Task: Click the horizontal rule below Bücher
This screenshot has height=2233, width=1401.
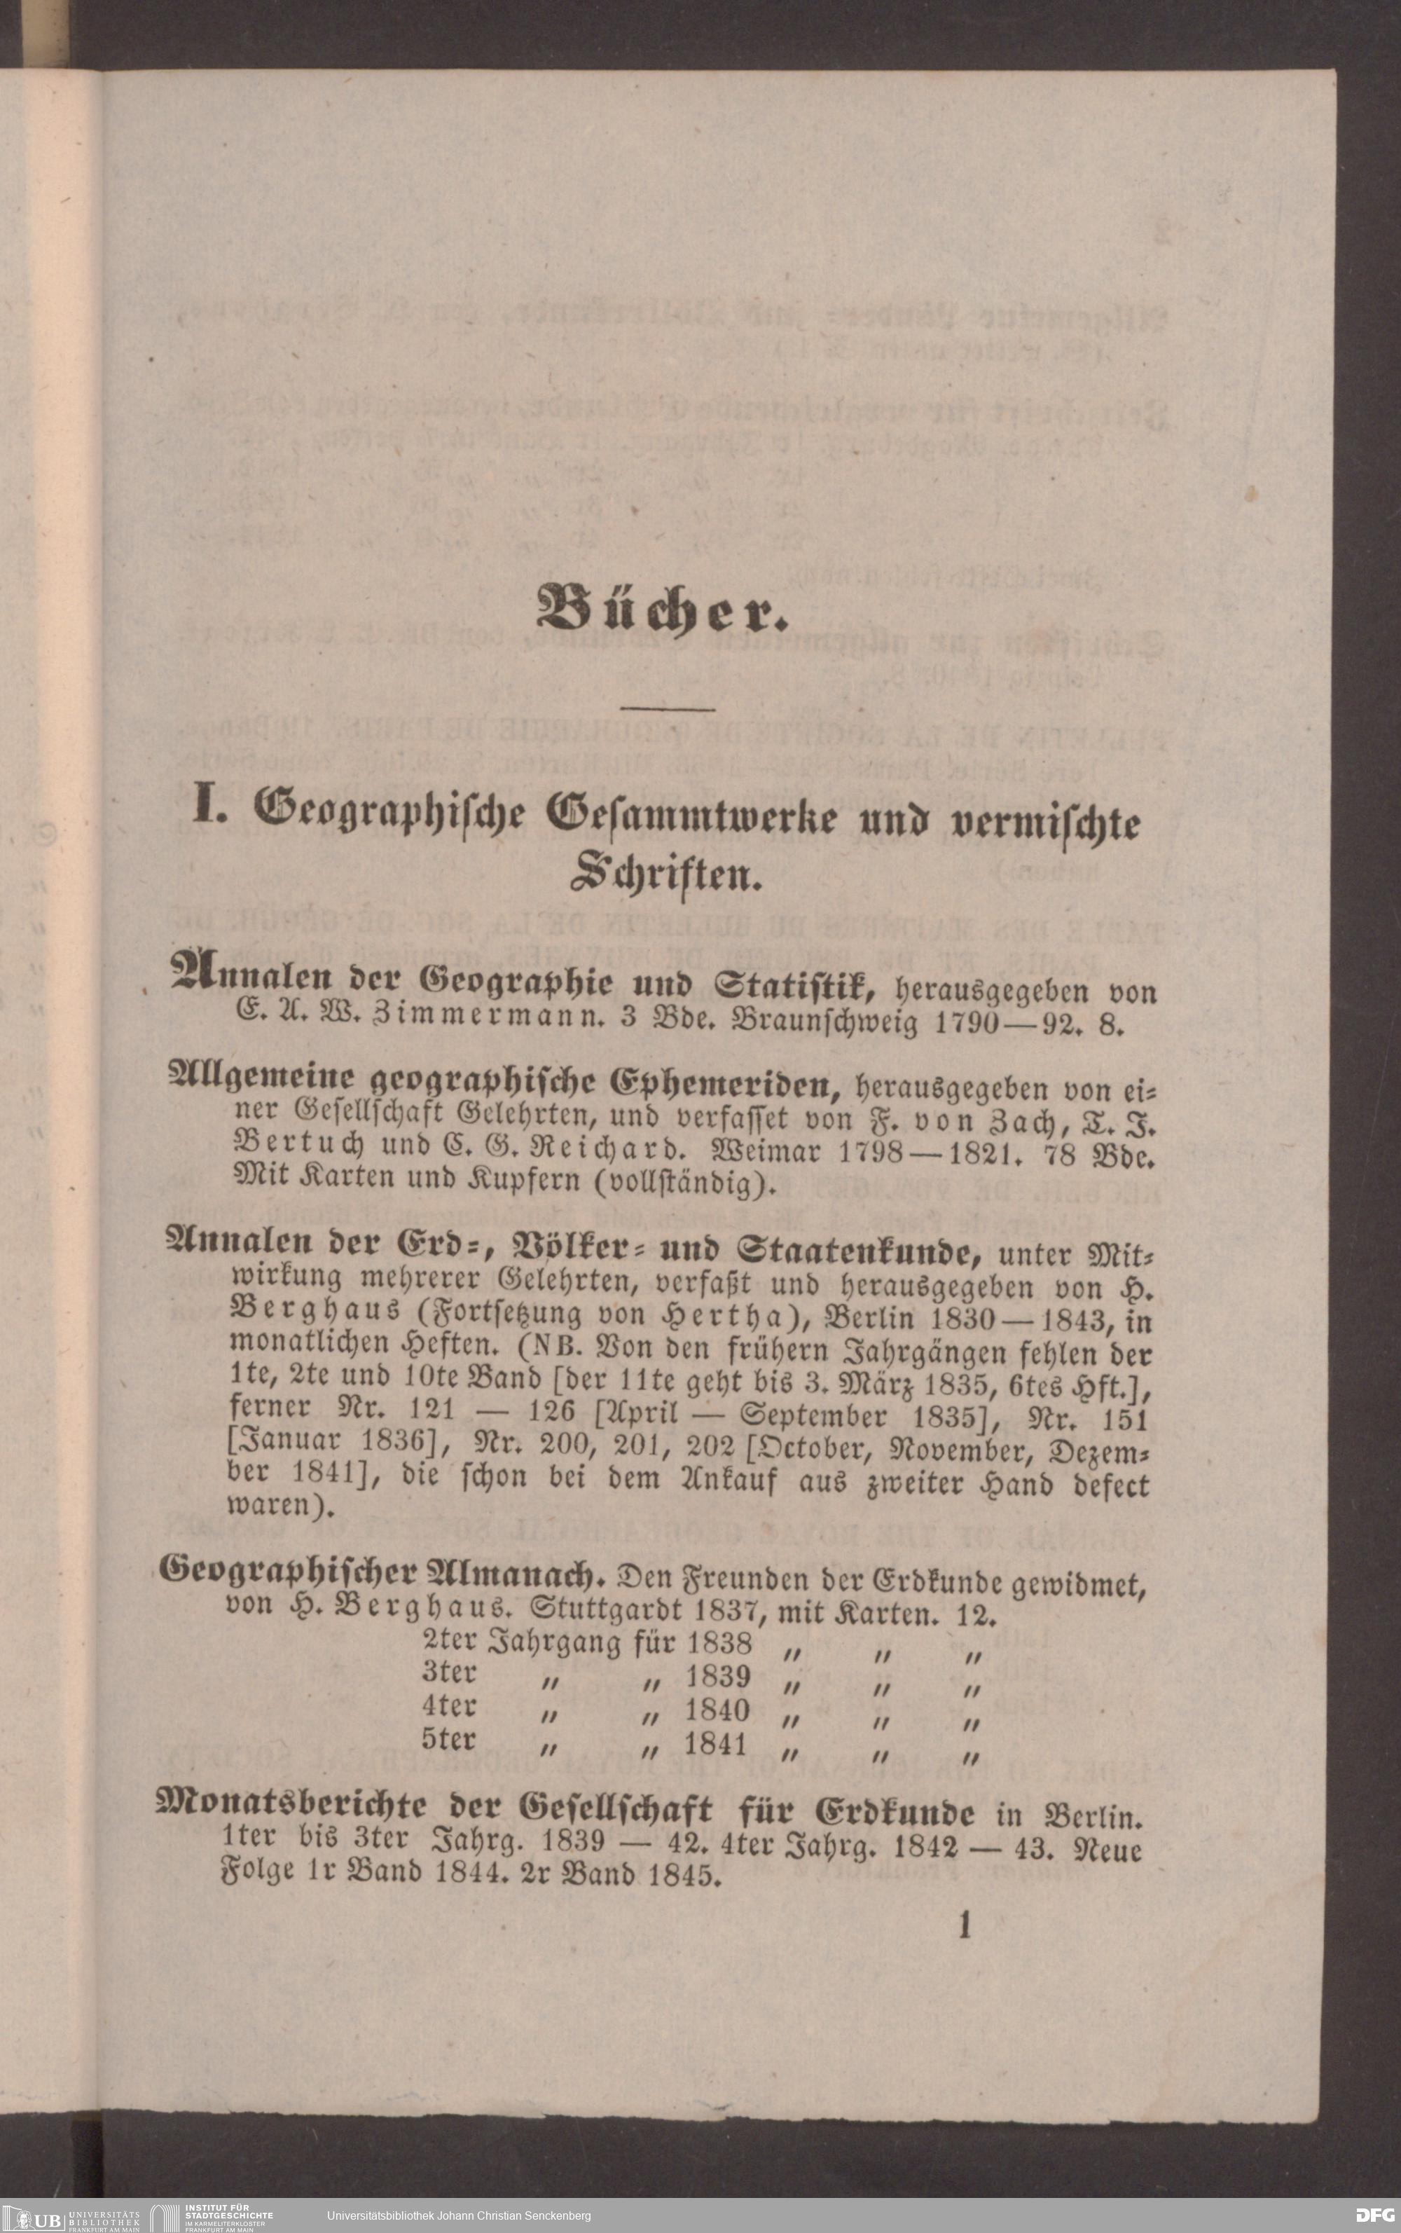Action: (x=667, y=710)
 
